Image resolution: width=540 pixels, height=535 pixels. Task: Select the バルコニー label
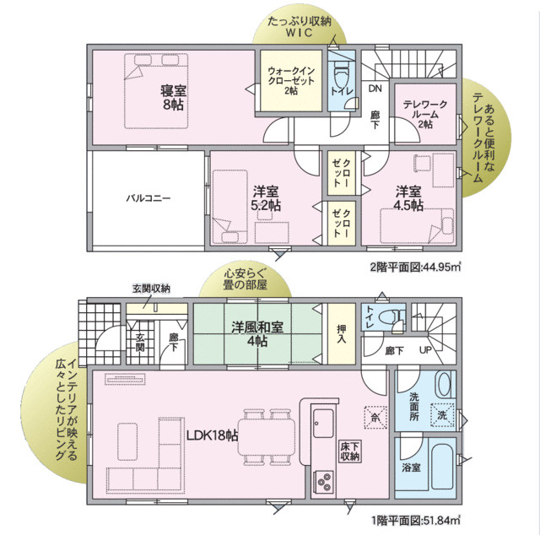point(148,198)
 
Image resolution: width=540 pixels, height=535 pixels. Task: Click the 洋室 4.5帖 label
point(410,198)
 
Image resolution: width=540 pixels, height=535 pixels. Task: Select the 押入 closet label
point(341,334)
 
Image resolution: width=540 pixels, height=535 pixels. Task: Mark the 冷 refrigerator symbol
point(374,415)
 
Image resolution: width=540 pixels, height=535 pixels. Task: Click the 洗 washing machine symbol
point(443,415)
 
